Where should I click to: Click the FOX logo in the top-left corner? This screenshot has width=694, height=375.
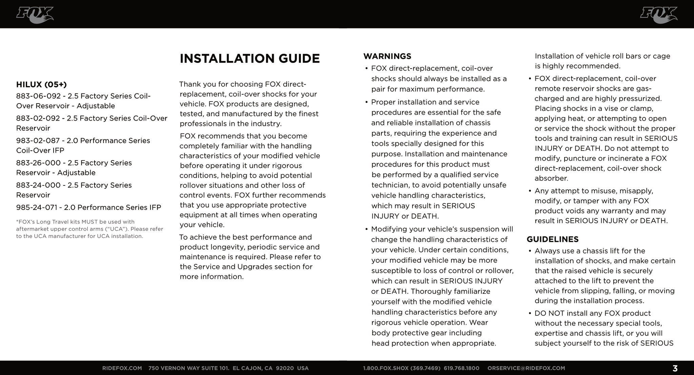[35, 15]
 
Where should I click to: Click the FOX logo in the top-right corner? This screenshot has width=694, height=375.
[658, 15]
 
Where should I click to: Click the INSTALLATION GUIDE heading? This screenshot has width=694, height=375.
[249, 59]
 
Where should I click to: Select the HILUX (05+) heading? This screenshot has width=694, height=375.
[41, 84]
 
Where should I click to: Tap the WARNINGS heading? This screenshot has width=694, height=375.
[387, 56]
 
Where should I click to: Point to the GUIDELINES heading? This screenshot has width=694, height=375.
[552, 239]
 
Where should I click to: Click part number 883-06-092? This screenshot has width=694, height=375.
[38, 96]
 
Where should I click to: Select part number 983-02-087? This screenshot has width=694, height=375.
[38, 141]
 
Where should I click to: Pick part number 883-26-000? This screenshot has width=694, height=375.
[38, 163]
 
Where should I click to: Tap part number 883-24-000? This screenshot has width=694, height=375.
[38, 185]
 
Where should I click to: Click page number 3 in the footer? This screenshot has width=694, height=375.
[675, 368]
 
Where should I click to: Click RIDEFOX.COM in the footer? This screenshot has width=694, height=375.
[122, 368]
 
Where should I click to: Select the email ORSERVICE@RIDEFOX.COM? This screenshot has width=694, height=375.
[526, 368]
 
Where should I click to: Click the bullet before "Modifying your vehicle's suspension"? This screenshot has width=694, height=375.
[366, 229]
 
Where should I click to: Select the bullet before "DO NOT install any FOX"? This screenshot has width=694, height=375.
[530, 314]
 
